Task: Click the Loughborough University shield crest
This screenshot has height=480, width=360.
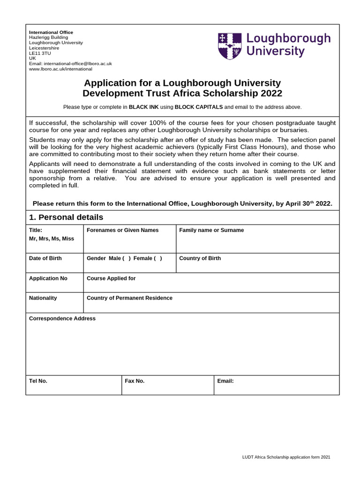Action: click(x=230, y=46)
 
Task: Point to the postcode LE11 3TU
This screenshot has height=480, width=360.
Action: click(x=40, y=53)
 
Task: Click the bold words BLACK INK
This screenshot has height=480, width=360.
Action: click(x=144, y=107)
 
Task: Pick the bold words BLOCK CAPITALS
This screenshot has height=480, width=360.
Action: click(x=199, y=107)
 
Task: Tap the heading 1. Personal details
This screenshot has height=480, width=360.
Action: click(x=66, y=217)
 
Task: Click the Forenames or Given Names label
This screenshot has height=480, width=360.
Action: click(x=123, y=230)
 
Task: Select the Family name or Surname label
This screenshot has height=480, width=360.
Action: click(x=211, y=230)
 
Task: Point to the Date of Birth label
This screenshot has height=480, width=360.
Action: click(x=45, y=258)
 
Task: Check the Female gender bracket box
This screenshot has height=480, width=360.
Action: click(x=157, y=258)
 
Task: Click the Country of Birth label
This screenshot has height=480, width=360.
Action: click(x=200, y=258)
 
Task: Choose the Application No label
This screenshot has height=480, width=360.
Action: click(x=48, y=278)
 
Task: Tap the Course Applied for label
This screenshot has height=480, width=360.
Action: click(x=111, y=278)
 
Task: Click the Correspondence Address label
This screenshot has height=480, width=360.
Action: click(x=62, y=319)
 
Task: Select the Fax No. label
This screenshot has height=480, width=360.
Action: click(x=135, y=381)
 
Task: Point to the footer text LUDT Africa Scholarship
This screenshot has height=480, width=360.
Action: click(x=266, y=457)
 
